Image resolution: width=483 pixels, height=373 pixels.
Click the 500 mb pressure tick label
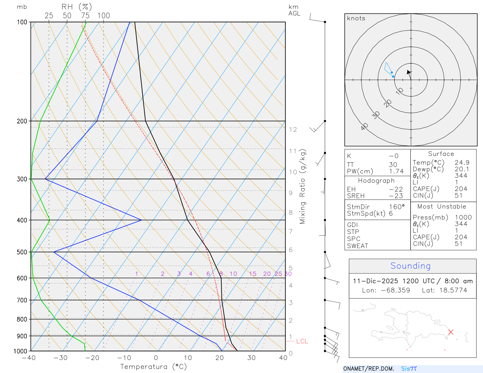(22, 252)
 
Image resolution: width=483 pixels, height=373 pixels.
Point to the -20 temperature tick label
(92, 358)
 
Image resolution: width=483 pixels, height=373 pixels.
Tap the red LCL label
(302, 341)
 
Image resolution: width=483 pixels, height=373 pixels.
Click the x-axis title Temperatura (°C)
(153, 367)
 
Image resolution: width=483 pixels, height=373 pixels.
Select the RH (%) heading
(76, 7)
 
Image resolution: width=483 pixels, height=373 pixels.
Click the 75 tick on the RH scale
(85, 16)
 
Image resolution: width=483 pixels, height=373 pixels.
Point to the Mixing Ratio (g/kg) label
(302, 186)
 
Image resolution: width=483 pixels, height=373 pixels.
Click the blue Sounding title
(411, 266)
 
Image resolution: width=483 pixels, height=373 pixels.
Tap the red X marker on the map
(451, 332)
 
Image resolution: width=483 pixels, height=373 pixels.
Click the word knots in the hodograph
(356, 18)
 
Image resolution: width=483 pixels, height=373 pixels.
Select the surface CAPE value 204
(461, 189)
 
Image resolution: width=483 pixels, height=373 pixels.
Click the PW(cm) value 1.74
(396, 171)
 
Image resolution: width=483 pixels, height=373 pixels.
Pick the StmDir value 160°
(397, 207)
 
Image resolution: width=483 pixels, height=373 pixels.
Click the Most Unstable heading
(442, 206)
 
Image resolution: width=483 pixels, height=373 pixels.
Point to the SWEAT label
(357, 246)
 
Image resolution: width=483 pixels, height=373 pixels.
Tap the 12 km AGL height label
(293, 129)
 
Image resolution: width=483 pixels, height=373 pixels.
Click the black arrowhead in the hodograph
(408, 72)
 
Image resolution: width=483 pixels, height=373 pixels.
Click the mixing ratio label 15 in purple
(253, 274)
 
